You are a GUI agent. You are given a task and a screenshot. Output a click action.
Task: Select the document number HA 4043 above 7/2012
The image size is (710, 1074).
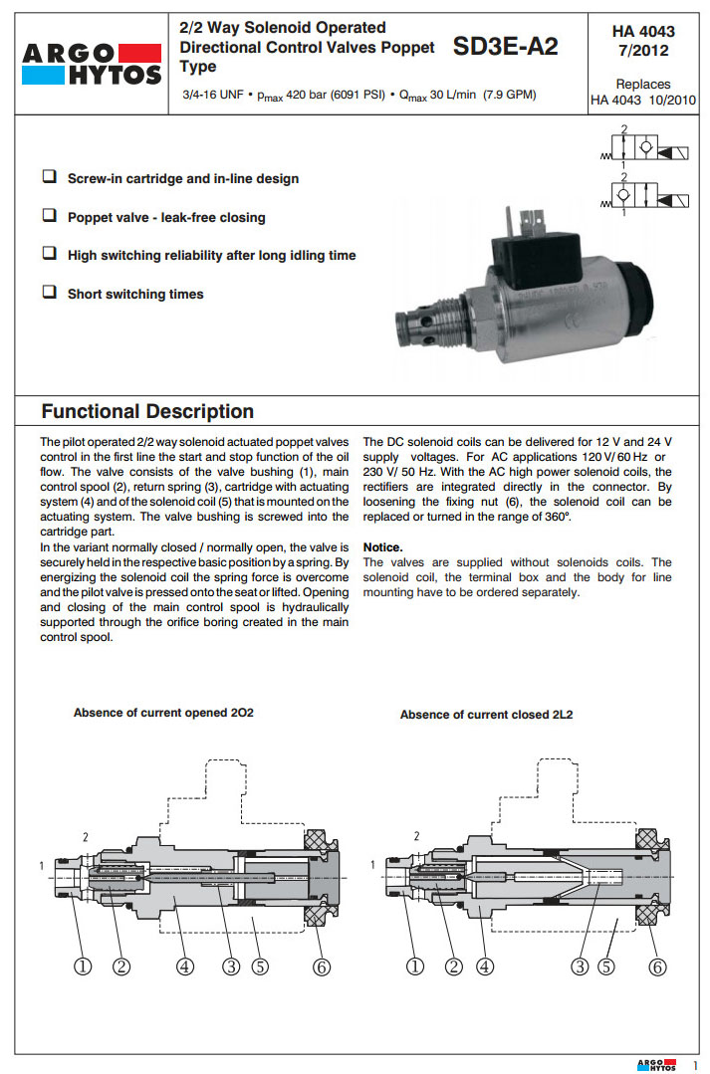[642, 32]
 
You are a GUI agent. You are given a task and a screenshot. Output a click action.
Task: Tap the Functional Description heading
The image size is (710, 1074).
[147, 411]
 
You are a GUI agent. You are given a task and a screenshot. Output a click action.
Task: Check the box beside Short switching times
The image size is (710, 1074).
[49, 293]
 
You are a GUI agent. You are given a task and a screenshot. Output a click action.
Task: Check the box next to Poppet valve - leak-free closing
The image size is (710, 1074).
[49, 215]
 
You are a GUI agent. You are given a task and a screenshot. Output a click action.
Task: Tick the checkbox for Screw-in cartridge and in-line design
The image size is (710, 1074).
[49, 177]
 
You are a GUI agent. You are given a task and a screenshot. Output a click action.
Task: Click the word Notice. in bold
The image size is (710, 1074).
[383, 547]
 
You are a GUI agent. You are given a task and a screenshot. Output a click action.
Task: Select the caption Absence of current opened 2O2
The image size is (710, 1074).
[163, 713]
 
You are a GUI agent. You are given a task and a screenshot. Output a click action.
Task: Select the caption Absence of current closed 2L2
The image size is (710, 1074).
[486, 715]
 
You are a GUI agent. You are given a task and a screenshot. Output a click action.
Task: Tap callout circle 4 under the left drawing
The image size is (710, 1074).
[185, 965]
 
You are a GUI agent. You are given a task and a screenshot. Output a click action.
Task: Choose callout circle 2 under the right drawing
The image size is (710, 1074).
[454, 965]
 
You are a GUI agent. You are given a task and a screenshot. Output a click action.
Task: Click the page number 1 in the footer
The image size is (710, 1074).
[695, 1063]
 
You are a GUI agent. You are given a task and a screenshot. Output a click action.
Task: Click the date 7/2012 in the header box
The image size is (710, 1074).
[642, 50]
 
